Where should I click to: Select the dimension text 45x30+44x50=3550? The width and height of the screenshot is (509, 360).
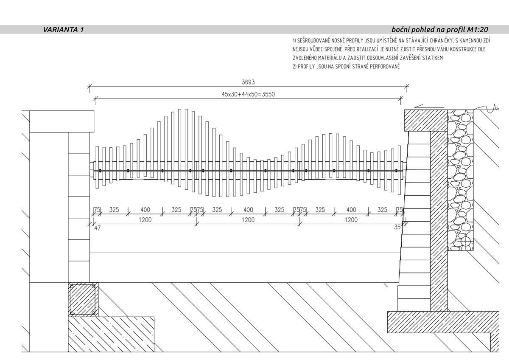point(248,94)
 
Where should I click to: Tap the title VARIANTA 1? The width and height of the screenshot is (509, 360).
point(64,30)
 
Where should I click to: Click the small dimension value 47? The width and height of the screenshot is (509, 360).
point(97,228)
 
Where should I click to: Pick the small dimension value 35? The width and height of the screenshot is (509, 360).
point(397,228)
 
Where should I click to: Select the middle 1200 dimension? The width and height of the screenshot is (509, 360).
point(248,220)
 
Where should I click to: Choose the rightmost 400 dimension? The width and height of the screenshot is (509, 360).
point(351,210)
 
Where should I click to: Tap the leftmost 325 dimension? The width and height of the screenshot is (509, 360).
point(114,210)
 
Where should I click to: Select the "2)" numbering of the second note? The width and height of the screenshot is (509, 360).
point(294,67)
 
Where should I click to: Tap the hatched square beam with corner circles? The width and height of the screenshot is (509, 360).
point(83,300)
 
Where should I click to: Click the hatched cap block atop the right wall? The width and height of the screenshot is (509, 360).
point(425,121)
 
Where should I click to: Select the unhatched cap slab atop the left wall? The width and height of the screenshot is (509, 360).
point(62,121)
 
